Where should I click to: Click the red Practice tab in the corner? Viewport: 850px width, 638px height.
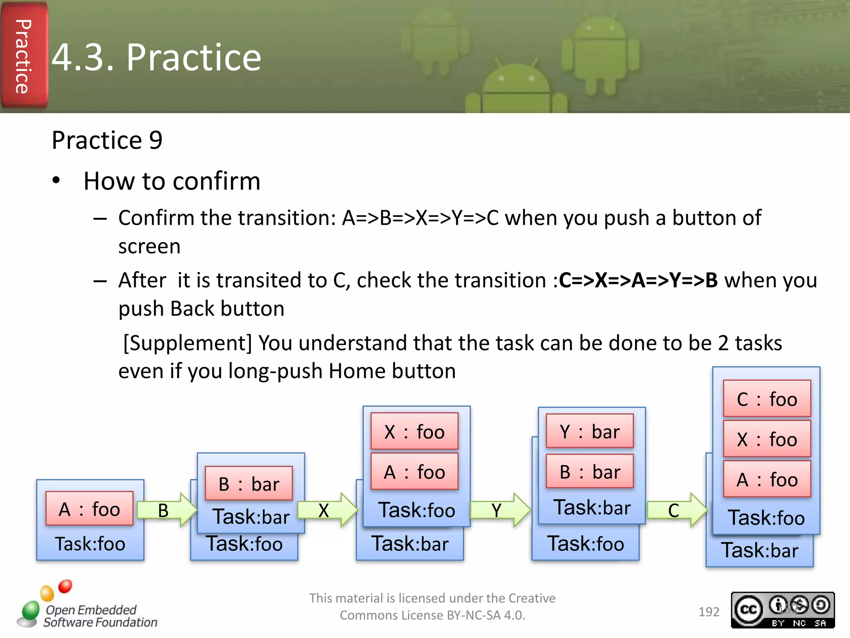click(x=24, y=56)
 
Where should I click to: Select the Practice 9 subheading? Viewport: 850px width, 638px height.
click(x=107, y=140)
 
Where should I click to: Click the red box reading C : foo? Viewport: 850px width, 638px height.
click(x=767, y=399)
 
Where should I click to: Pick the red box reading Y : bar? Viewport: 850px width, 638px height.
click(x=589, y=431)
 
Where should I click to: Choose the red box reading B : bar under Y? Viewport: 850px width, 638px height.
click(x=589, y=471)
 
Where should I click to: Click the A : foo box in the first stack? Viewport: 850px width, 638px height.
click(x=89, y=509)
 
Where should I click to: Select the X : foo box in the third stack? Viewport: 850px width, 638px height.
click(x=414, y=431)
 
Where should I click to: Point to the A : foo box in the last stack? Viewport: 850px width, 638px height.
click(x=767, y=479)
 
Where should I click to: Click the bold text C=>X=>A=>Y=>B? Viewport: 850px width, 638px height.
click(x=638, y=280)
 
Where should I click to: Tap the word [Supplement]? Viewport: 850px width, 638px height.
click(x=188, y=343)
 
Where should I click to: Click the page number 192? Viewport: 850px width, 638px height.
click(x=708, y=611)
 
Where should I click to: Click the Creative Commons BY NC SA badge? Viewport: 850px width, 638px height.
click(x=782, y=610)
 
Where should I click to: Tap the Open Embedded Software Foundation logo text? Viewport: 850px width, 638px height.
click(x=100, y=616)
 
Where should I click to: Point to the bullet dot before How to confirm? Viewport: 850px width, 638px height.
click(x=56, y=181)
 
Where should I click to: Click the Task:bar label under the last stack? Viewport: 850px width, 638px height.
click(x=760, y=550)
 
